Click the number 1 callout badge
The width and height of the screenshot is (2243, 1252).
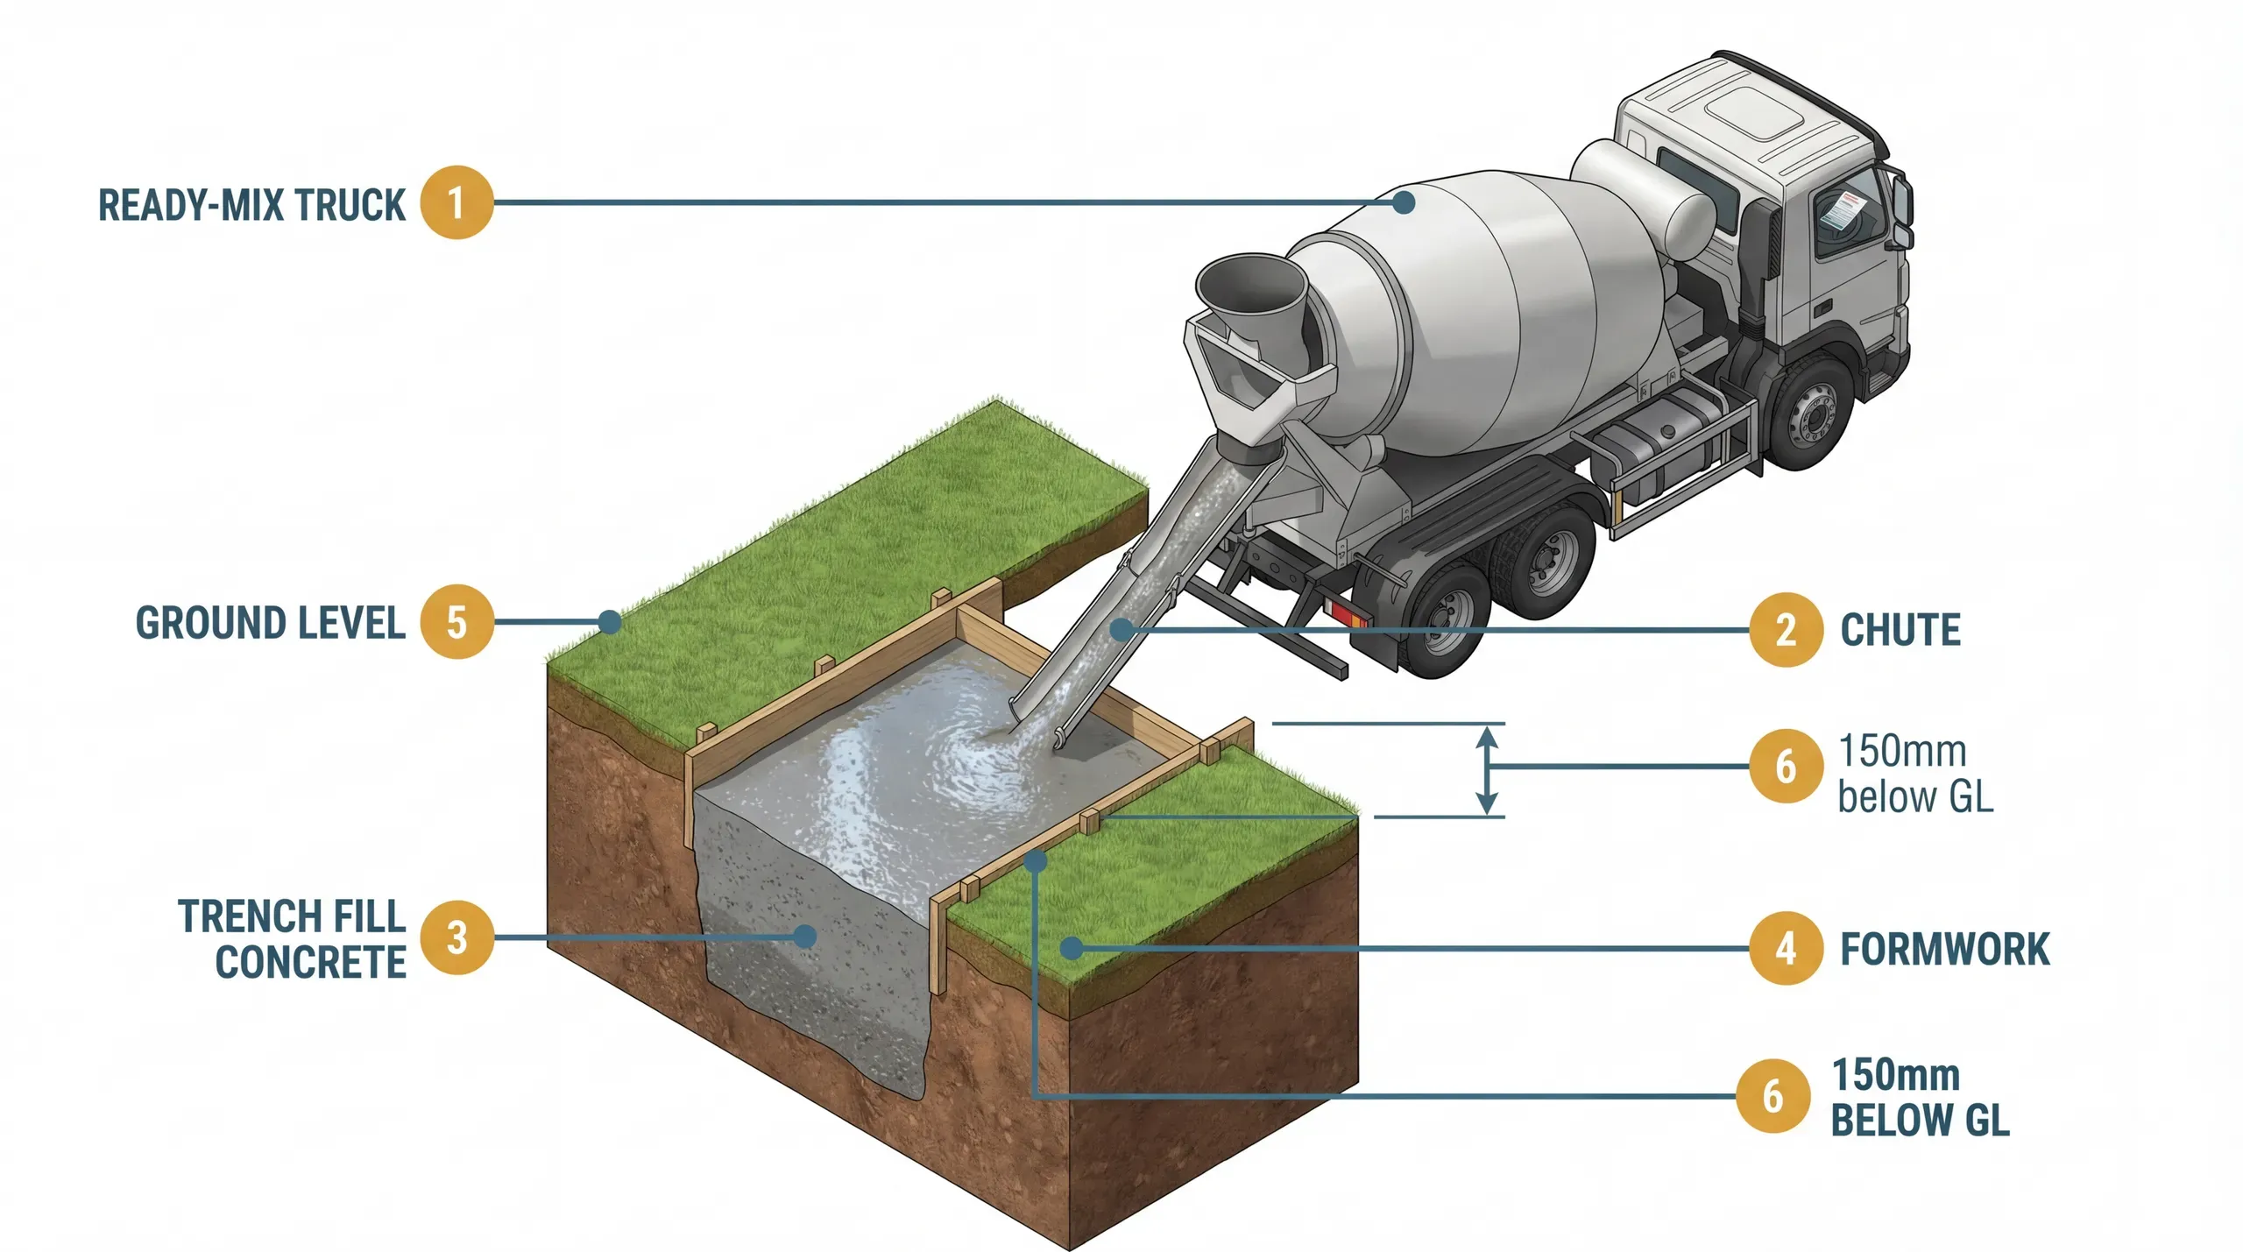tap(456, 202)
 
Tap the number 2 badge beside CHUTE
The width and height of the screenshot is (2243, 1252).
tap(1786, 630)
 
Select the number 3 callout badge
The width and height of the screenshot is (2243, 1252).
tap(456, 937)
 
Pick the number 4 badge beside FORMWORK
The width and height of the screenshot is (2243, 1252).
tap(1786, 949)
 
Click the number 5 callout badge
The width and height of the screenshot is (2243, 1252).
tap(456, 622)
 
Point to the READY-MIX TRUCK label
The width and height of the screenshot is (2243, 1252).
tap(251, 205)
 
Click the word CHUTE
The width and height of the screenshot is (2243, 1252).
tap(1900, 630)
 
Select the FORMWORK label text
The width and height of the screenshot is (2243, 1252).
tap(1944, 950)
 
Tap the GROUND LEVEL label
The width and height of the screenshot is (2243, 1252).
tap(270, 623)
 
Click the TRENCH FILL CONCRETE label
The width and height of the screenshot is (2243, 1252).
tap(294, 939)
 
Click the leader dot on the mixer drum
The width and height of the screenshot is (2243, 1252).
tap(1404, 202)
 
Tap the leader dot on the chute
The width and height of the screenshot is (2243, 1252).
tap(1121, 629)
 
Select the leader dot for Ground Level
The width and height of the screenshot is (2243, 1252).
tap(610, 622)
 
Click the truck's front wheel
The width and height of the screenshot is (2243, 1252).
tap(1812, 415)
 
